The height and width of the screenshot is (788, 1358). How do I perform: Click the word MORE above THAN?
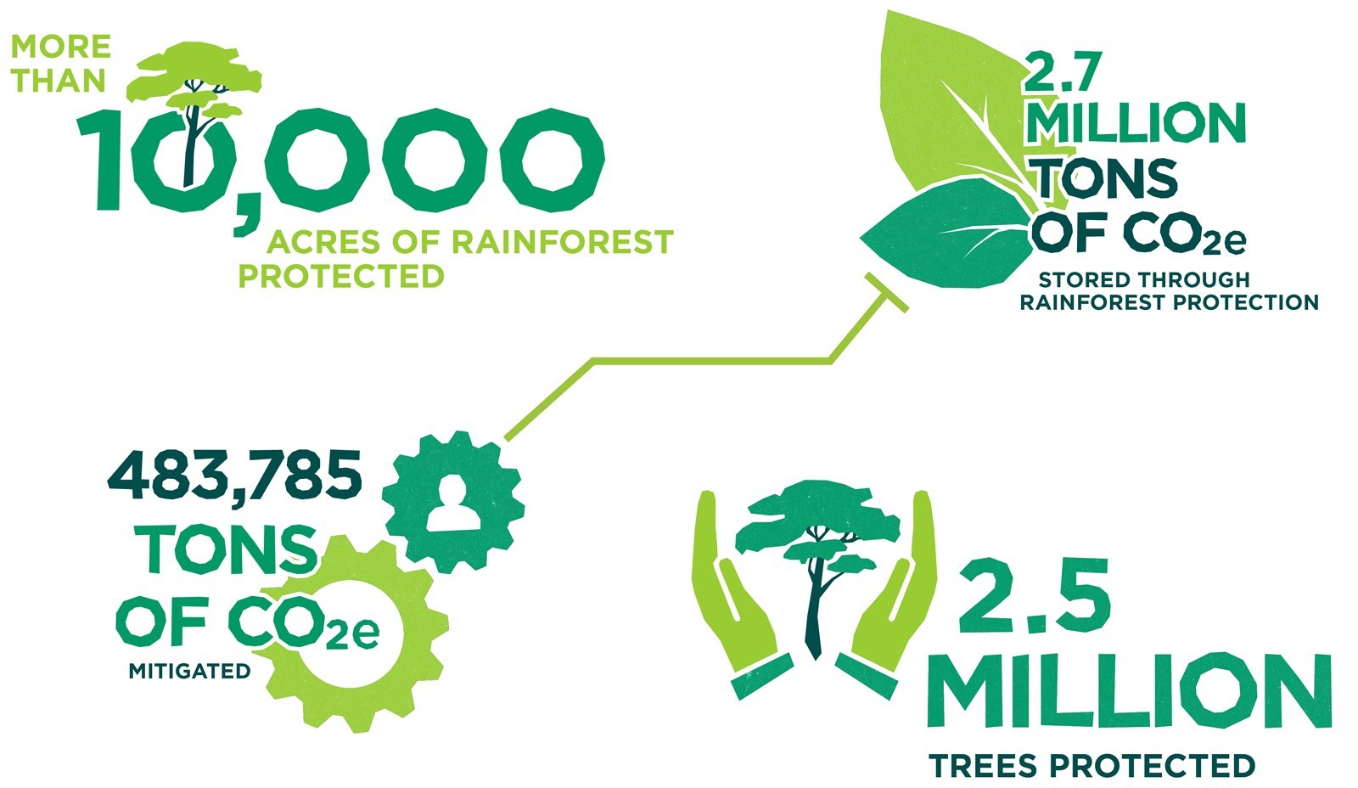61,47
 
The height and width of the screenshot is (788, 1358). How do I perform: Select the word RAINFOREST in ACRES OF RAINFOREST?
562,241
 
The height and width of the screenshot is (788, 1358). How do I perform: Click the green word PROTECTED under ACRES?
341,276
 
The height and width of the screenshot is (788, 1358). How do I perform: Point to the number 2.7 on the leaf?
1062,71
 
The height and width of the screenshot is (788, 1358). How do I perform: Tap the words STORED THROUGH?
1144,279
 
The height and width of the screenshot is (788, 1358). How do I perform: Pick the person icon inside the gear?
454,503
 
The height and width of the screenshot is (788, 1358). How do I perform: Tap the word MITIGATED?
190,672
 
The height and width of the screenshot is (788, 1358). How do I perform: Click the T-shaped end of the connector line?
886,292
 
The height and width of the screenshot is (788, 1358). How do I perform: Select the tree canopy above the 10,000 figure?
194,79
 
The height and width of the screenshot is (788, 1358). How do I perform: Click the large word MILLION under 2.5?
1129,690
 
